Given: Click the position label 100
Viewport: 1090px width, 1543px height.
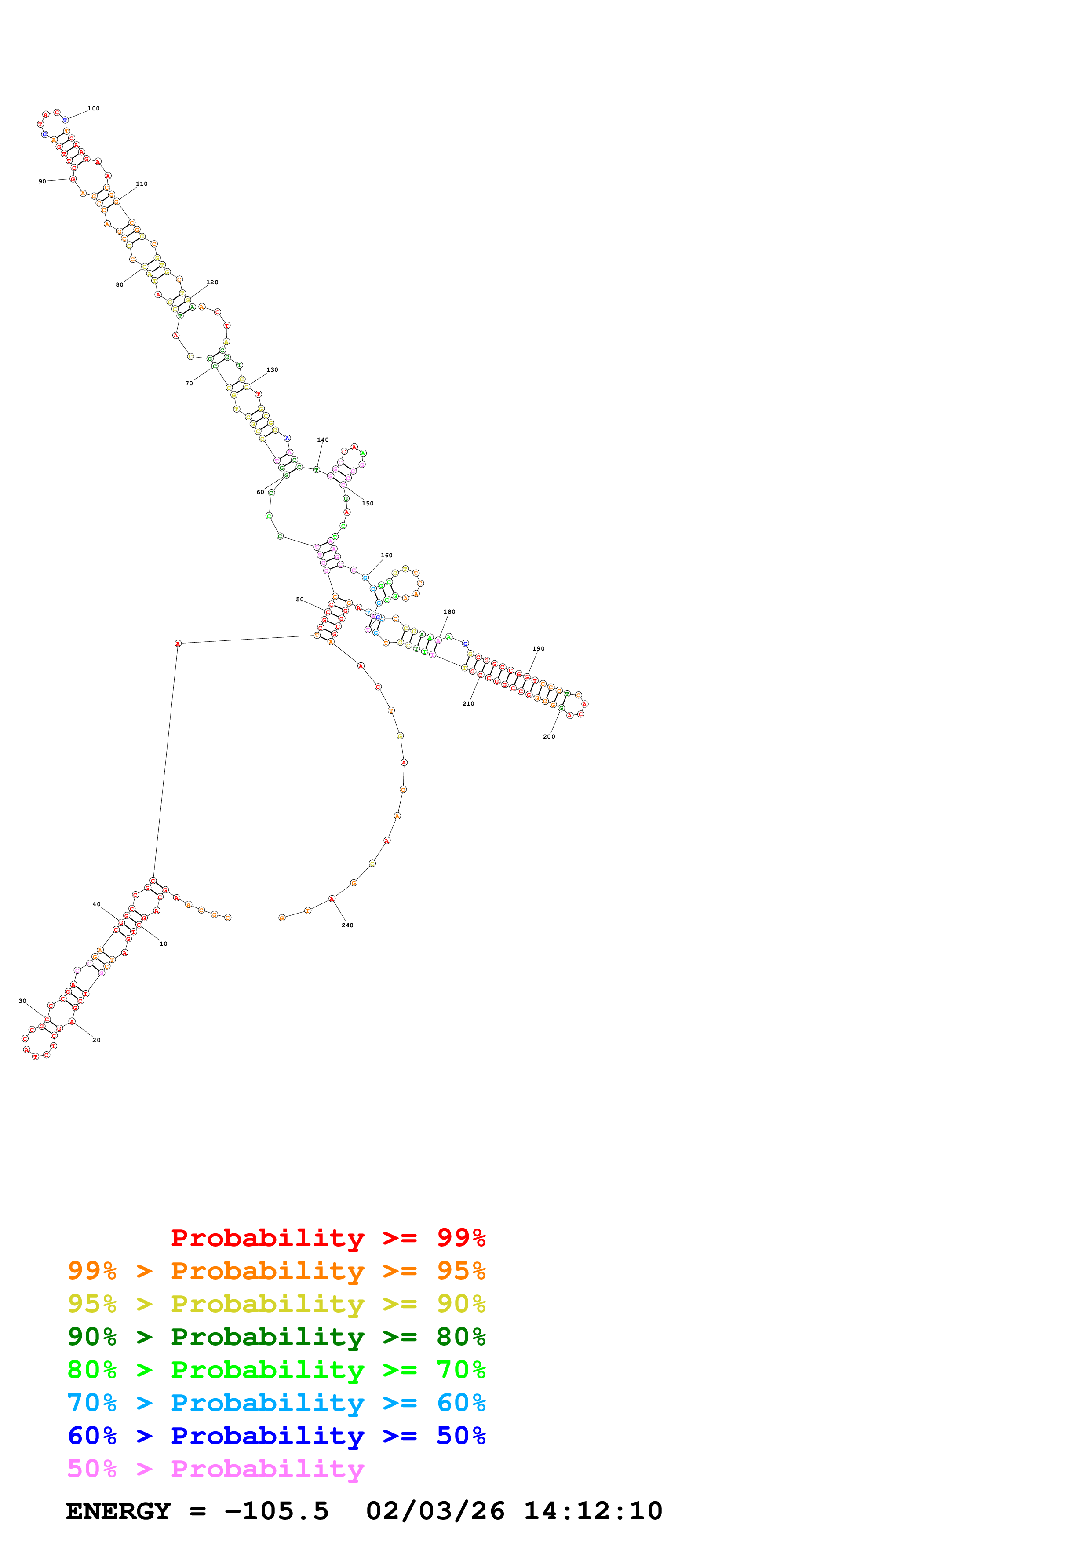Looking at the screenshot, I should pos(93,108).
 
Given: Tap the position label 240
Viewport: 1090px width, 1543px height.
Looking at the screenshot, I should pos(347,925).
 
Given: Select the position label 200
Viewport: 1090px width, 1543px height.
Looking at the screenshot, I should pos(549,737).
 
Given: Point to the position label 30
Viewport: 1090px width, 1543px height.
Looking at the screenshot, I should pos(22,1001).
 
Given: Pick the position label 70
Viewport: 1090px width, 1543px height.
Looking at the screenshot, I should pos(189,383).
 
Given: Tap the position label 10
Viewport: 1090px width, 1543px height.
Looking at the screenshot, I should pos(163,943).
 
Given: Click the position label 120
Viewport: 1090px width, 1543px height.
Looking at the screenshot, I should pos(212,282).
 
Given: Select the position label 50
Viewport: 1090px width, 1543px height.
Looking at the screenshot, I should pos(299,600).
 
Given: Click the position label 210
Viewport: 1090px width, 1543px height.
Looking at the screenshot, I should pos(468,704).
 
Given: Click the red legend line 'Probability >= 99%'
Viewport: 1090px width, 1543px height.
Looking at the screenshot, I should pos(328,1237).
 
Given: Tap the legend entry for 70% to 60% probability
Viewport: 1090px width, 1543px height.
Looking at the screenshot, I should pos(276,1403).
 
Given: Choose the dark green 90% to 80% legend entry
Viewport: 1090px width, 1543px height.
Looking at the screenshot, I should pos(276,1337).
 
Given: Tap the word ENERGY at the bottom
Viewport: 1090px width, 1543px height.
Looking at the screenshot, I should pos(118,1511).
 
